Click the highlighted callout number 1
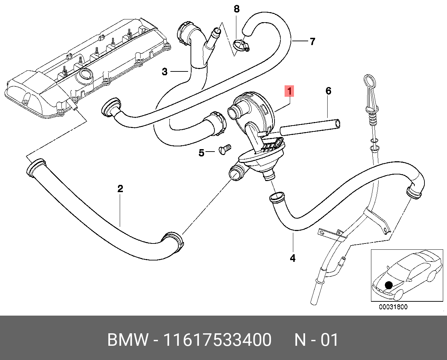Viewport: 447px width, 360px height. [x=289, y=91]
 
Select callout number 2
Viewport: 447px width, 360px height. [x=120, y=189]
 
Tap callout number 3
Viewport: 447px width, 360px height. [x=165, y=72]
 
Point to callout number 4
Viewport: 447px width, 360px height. [x=293, y=258]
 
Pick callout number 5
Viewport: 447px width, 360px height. [x=201, y=153]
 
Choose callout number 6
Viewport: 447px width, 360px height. [x=328, y=91]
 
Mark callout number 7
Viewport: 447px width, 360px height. [x=312, y=42]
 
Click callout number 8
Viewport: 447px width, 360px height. [x=237, y=9]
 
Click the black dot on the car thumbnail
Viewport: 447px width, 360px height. [x=389, y=285]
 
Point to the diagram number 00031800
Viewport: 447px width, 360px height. [x=393, y=307]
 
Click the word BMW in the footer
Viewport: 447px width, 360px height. [x=128, y=340]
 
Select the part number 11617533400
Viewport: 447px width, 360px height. [x=217, y=340]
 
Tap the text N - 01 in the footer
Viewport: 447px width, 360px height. [x=316, y=340]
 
